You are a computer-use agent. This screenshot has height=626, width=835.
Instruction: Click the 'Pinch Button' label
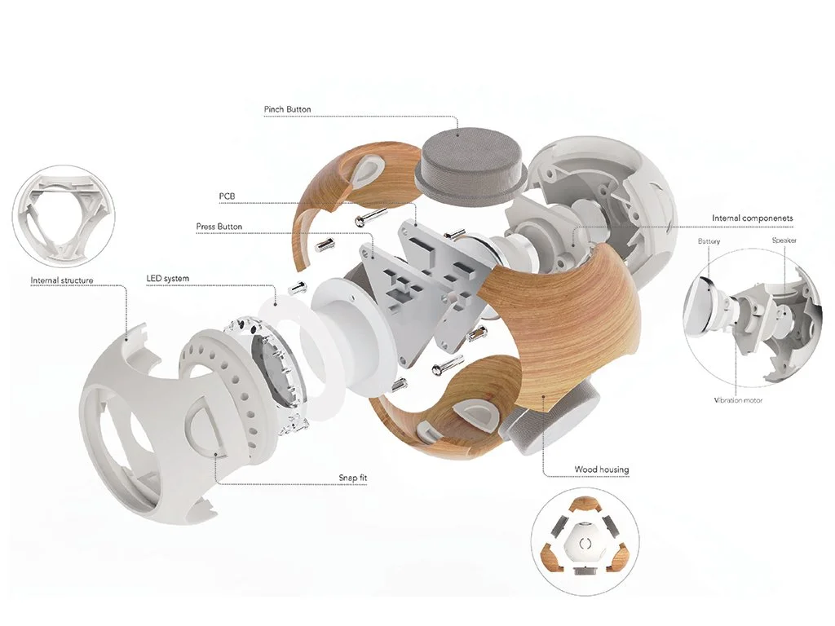(287, 109)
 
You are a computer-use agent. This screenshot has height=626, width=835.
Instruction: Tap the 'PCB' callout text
(227, 197)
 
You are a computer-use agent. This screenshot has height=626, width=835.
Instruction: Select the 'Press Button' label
(219, 227)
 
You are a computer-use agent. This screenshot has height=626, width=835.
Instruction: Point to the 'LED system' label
(167, 279)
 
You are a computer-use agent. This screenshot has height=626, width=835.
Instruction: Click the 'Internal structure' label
(62, 280)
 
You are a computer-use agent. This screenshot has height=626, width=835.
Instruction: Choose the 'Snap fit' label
(353, 477)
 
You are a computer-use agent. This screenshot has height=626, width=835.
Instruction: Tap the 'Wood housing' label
(602, 469)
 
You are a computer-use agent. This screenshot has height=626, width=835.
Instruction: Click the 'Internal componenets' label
(752, 218)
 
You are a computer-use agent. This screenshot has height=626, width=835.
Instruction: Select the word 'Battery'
(709, 242)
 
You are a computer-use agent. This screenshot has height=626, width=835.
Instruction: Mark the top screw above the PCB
(371, 215)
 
